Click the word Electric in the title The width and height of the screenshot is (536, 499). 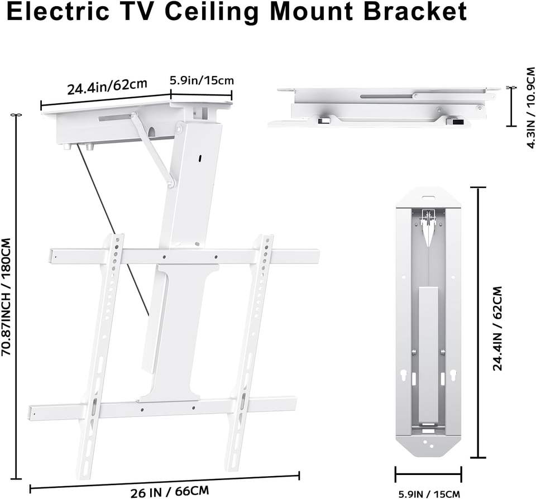(58, 11)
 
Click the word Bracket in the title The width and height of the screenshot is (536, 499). (415, 11)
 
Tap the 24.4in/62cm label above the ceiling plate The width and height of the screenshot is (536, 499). (107, 86)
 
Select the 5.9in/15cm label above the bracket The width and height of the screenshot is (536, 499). (202, 81)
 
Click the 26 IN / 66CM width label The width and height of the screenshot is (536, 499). (170, 492)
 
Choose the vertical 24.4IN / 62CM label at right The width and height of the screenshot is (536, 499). (497, 328)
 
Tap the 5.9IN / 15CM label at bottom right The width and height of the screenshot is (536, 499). (429, 494)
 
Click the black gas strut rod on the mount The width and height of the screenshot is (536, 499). (113, 229)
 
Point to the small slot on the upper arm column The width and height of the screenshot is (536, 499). (200, 159)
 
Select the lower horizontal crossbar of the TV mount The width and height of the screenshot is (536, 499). (162, 408)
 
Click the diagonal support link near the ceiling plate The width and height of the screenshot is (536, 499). (152, 150)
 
